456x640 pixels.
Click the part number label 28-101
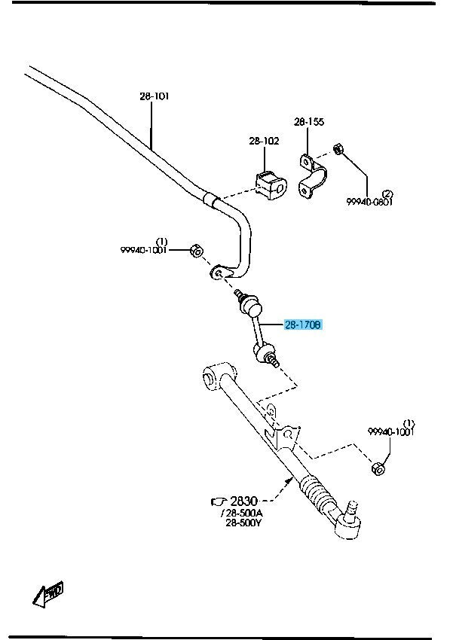click(x=154, y=96)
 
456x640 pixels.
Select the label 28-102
click(x=264, y=141)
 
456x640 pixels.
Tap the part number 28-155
click(x=309, y=121)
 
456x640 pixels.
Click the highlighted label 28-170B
click(x=303, y=325)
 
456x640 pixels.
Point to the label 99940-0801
click(x=370, y=202)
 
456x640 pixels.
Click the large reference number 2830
click(x=244, y=500)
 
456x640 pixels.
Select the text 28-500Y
click(x=243, y=524)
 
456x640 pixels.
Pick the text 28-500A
click(x=243, y=514)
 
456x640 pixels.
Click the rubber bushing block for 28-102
click(x=268, y=186)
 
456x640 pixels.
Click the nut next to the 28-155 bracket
click(x=338, y=150)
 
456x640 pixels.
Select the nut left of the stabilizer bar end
click(x=194, y=250)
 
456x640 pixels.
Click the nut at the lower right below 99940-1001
click(x=379, y=469)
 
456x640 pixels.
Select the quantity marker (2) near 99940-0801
click(x=388, y=194)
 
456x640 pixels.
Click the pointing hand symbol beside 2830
click(x=219, y=500)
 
